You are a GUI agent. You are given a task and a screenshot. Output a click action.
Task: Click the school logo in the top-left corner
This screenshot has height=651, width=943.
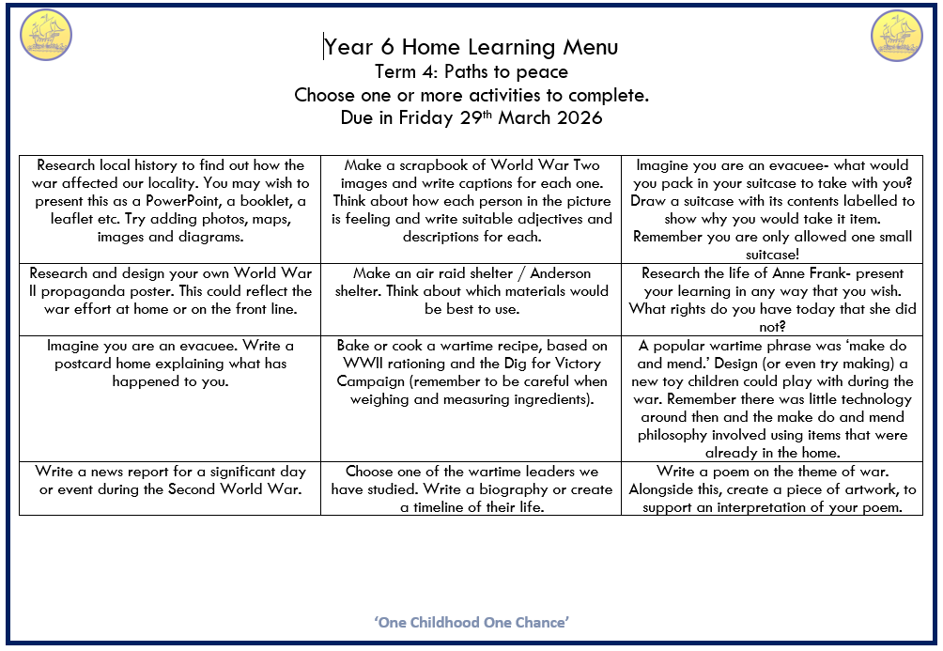click(x=46, y=36)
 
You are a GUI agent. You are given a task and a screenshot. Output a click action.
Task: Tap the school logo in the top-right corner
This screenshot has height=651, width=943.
click(x=897, y=36)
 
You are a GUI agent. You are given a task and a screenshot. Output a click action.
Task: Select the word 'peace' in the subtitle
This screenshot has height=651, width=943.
click(x=544, y=71)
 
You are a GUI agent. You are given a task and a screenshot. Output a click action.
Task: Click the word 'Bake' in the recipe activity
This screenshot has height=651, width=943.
click(x=354, y=346)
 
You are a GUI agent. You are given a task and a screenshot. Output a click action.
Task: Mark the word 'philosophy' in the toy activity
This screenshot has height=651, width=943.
click(x=679, y=435)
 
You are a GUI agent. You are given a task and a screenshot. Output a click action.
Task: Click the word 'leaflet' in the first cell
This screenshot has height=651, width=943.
click(x=59, y=219)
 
